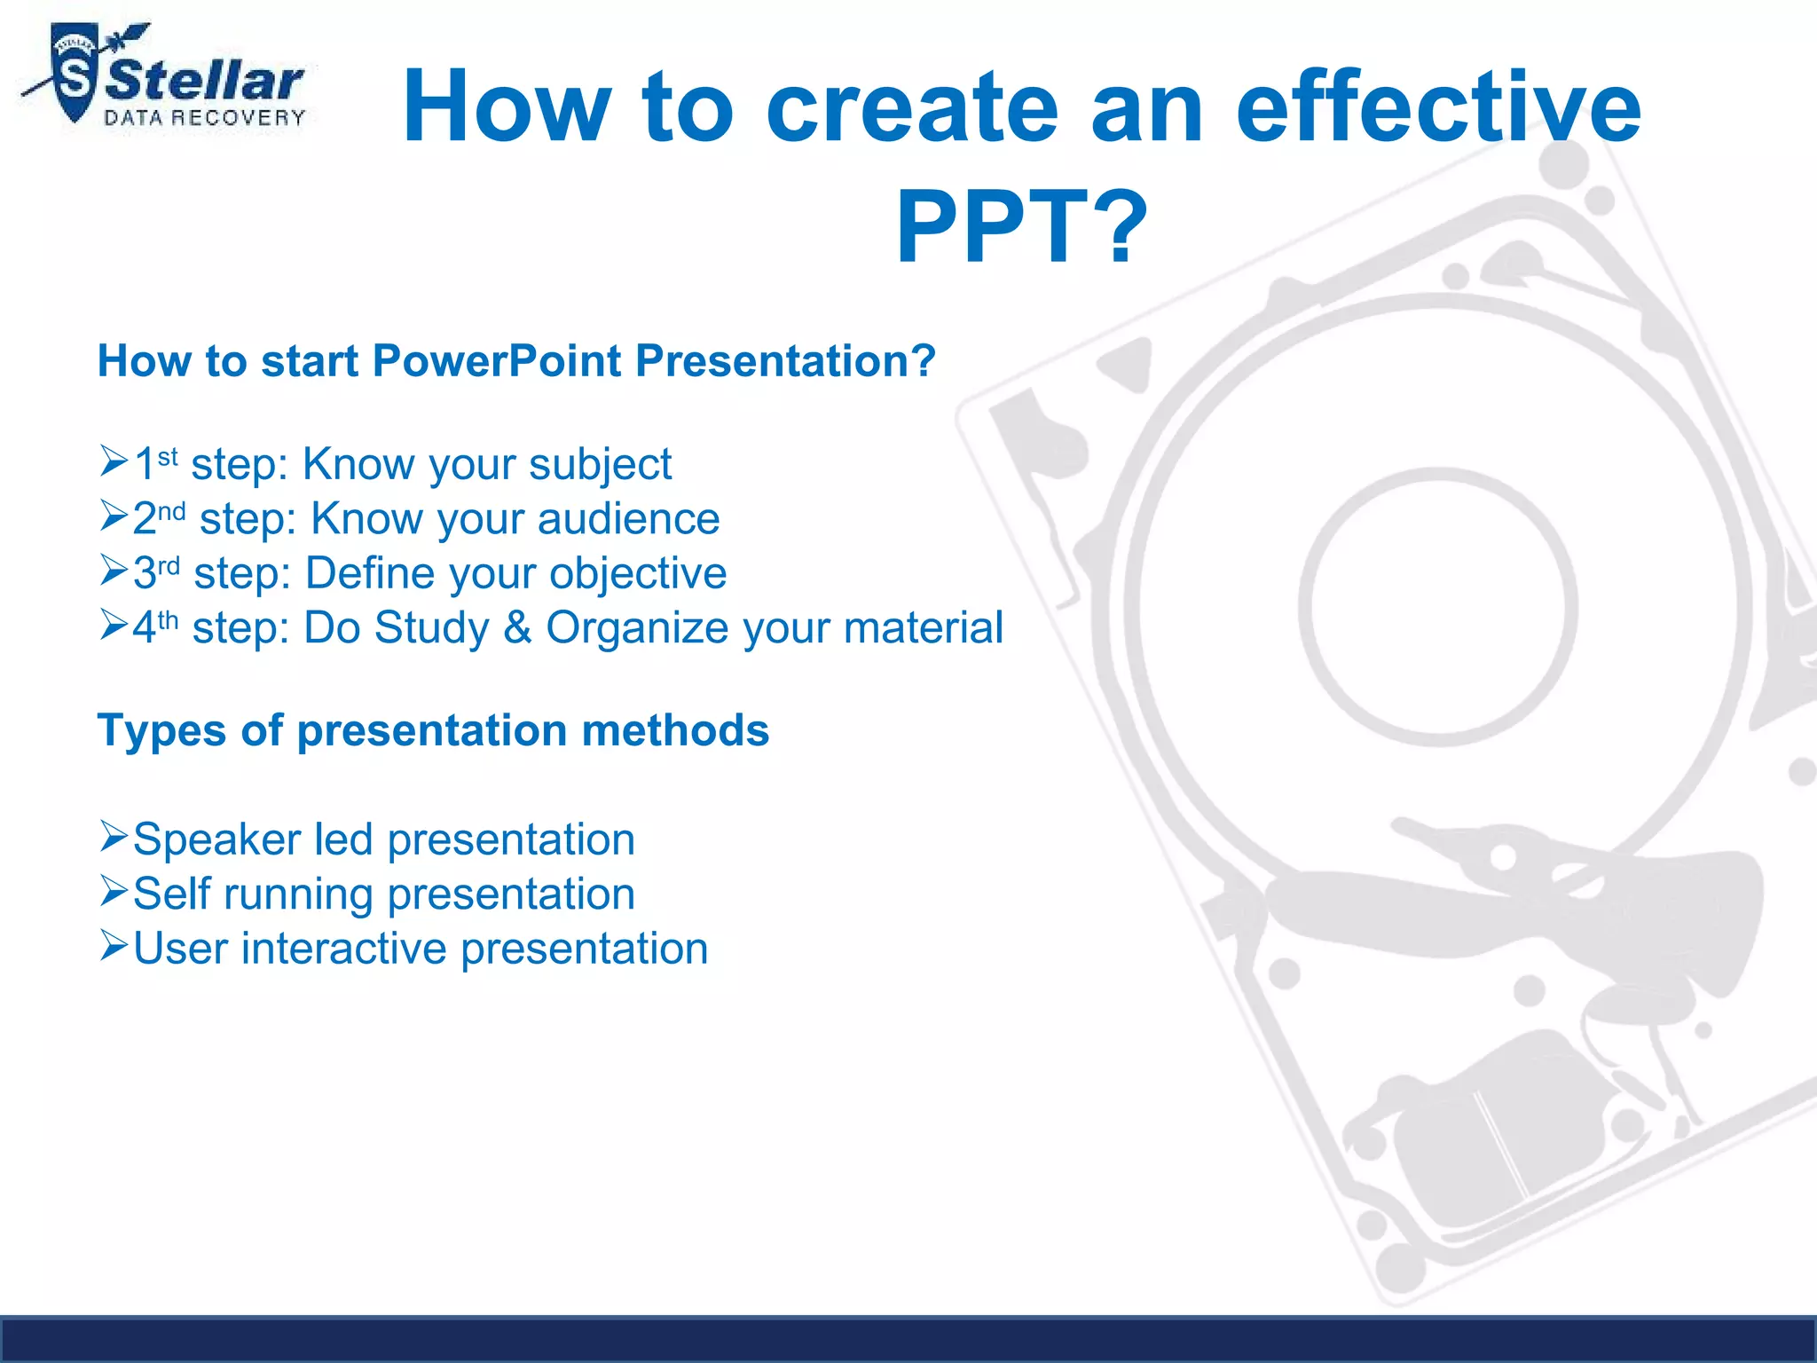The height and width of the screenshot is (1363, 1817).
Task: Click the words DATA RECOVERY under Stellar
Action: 205,118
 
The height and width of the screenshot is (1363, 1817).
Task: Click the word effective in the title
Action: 1438,107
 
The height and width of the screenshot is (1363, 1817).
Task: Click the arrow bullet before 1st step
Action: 114,461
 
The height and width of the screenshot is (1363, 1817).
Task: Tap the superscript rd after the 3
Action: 169,565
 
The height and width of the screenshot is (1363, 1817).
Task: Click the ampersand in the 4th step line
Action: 517,627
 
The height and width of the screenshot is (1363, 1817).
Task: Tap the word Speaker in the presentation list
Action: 216,839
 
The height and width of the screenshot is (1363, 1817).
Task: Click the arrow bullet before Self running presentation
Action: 114,891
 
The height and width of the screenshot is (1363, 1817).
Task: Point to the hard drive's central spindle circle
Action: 1437,607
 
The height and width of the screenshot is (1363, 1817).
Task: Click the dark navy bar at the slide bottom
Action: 908,1340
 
